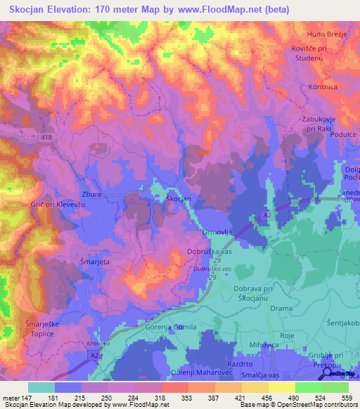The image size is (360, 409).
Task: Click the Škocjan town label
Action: click(x=178, y=200)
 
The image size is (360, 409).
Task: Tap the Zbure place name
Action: click(x=93, y=194)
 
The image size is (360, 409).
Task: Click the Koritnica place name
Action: click(x=323, y=86)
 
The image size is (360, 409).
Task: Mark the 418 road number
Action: click(x=47, y=136)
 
